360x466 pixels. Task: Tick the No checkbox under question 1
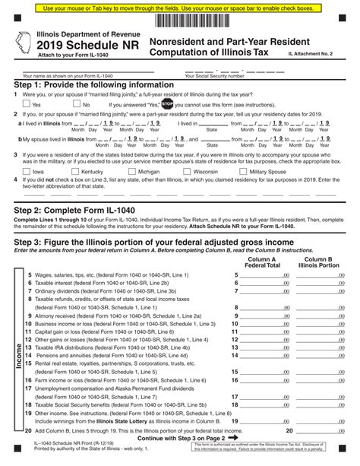(76, 105)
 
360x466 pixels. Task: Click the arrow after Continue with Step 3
(233, 437)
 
